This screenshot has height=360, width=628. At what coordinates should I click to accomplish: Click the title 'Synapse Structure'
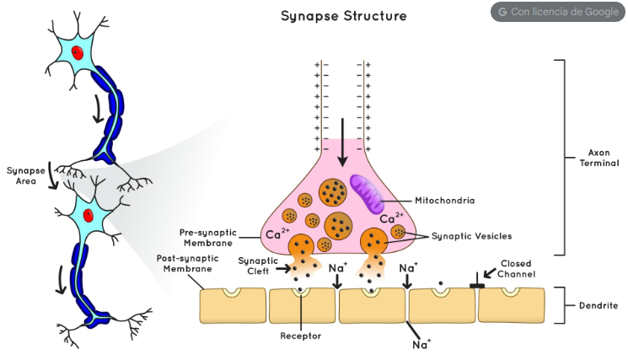coord(343,16)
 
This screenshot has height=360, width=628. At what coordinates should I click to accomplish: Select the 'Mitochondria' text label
coord(445,201)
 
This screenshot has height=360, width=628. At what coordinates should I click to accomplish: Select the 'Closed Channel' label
coord(516,269)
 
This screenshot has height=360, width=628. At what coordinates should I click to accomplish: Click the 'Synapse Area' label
coord(24,175)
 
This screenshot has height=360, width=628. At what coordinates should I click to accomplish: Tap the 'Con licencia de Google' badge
coord(558,12)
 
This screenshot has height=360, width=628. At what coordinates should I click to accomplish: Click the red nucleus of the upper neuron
coord(77,53)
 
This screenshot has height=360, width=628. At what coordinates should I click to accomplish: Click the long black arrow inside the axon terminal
coord(342,143)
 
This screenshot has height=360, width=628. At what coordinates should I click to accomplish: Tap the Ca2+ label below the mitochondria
coord(392,218)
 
